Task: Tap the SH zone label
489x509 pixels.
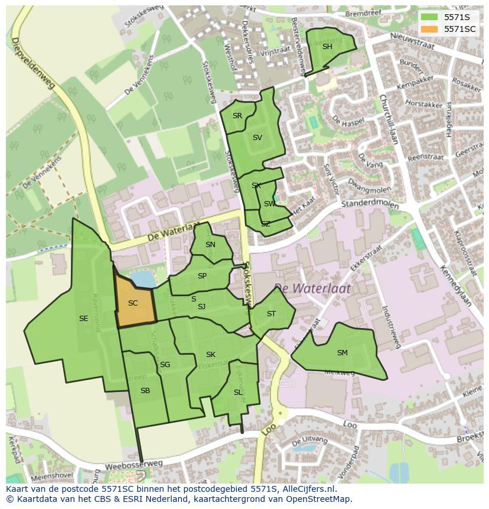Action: [x=327, y=47]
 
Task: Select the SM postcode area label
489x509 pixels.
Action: [x=342, y=353]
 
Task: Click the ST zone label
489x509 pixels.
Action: [x=271, y=314]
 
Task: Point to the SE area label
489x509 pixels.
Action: [x=83, y=319]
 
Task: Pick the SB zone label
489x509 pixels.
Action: [x=145, y=391]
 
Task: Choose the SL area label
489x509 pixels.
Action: [x=238, y=393]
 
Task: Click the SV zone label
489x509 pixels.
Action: [x=257, y=138]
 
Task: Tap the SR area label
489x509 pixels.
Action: [x=237, y=116]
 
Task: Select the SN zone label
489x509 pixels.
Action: [x=210, y=245]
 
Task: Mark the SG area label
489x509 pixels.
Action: [x=165, y=365]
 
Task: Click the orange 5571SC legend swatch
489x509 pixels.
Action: [x=429, y=29]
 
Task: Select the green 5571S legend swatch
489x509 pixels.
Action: [x=429, y=17]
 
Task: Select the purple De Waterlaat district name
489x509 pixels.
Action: [x=312, y=288]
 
